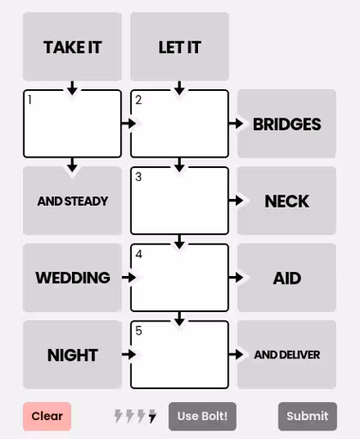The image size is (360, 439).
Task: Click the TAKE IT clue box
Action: click(x=72, y=46)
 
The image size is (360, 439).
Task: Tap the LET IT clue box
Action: click(x=179, y=46)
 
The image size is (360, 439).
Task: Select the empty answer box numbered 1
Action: click(x=72, y=123)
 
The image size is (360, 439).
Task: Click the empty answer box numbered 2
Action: click(x=179, y=123)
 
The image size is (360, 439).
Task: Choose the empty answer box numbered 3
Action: click(x=179, y=201)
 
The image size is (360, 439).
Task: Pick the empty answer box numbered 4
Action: click(x=179, y=278)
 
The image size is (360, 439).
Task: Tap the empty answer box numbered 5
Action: click(x=179, y=355)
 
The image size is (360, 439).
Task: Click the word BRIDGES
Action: click(x=287, y=124)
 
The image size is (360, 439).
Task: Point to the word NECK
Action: click(x=287, y=201)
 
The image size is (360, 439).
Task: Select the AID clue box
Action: click(x=286, y=278)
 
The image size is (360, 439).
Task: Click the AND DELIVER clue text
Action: click(x=287, y=355)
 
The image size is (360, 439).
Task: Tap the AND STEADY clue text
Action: click(x=73, y=201)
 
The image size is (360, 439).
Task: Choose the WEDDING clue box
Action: click(x=72, y=278)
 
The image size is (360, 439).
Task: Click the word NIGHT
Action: click(x=73, y=355)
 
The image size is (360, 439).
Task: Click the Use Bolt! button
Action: click(x=202, y=416)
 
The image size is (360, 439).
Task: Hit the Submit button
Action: click(x=308, y=416)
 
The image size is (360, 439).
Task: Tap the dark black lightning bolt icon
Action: click(x=153, y=416)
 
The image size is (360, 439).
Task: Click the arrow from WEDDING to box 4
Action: click(x=129, y=277)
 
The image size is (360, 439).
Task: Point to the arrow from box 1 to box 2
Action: click(x=129, y=123)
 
